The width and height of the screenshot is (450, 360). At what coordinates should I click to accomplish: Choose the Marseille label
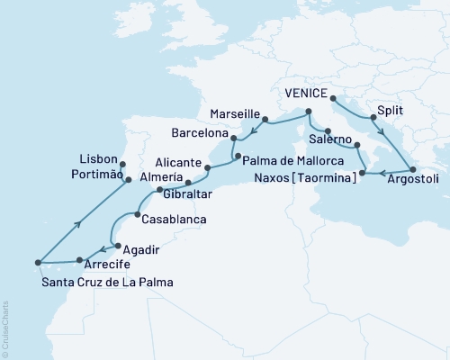(x=234, y=115)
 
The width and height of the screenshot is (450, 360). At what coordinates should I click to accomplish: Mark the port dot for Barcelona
(x=233, y=139)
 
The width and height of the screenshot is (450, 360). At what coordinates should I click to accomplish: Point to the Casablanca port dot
(x=136, y=213)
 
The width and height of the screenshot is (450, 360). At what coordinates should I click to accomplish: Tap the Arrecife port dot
(x=80, y=260)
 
